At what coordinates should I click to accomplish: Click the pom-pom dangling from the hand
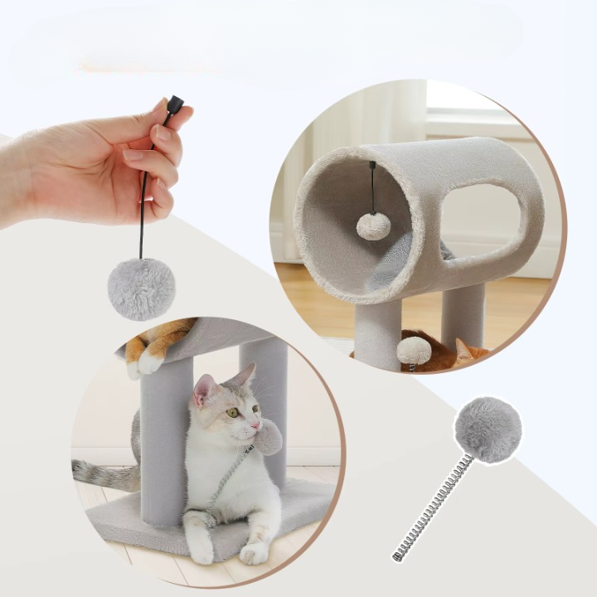141,289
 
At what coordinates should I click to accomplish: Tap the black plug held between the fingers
174,106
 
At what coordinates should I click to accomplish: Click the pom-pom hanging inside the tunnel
373,226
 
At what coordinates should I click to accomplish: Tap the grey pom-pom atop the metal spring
488,430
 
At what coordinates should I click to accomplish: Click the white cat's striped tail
104,473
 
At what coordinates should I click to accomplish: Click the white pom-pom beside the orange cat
414,352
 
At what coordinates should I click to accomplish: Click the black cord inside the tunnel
372,187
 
